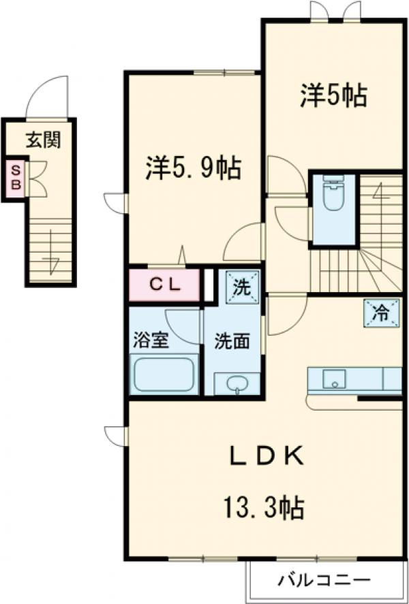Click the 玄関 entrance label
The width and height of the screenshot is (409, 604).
point(44,140)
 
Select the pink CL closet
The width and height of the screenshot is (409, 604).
point(166,285)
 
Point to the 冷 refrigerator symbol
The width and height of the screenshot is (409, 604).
point(380,313)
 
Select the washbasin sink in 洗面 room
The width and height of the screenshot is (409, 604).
point(238,385)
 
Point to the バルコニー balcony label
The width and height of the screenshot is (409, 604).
point(324,582)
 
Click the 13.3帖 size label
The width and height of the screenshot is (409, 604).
point(262,507)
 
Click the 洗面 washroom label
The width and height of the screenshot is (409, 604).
point(231,340)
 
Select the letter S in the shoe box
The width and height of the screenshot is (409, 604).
point(14,171)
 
